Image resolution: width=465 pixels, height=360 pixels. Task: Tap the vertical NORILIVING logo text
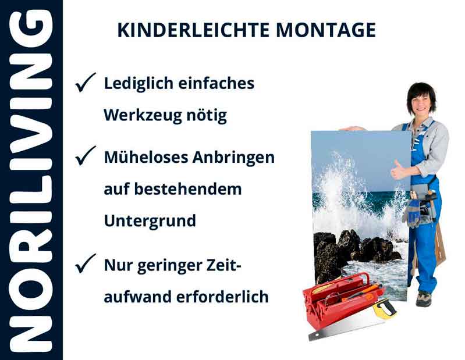[x=30, y=180]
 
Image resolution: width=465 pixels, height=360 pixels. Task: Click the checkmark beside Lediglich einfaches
[x=85, y=84]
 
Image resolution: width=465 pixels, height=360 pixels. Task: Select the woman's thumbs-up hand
[x=399, y=170]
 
